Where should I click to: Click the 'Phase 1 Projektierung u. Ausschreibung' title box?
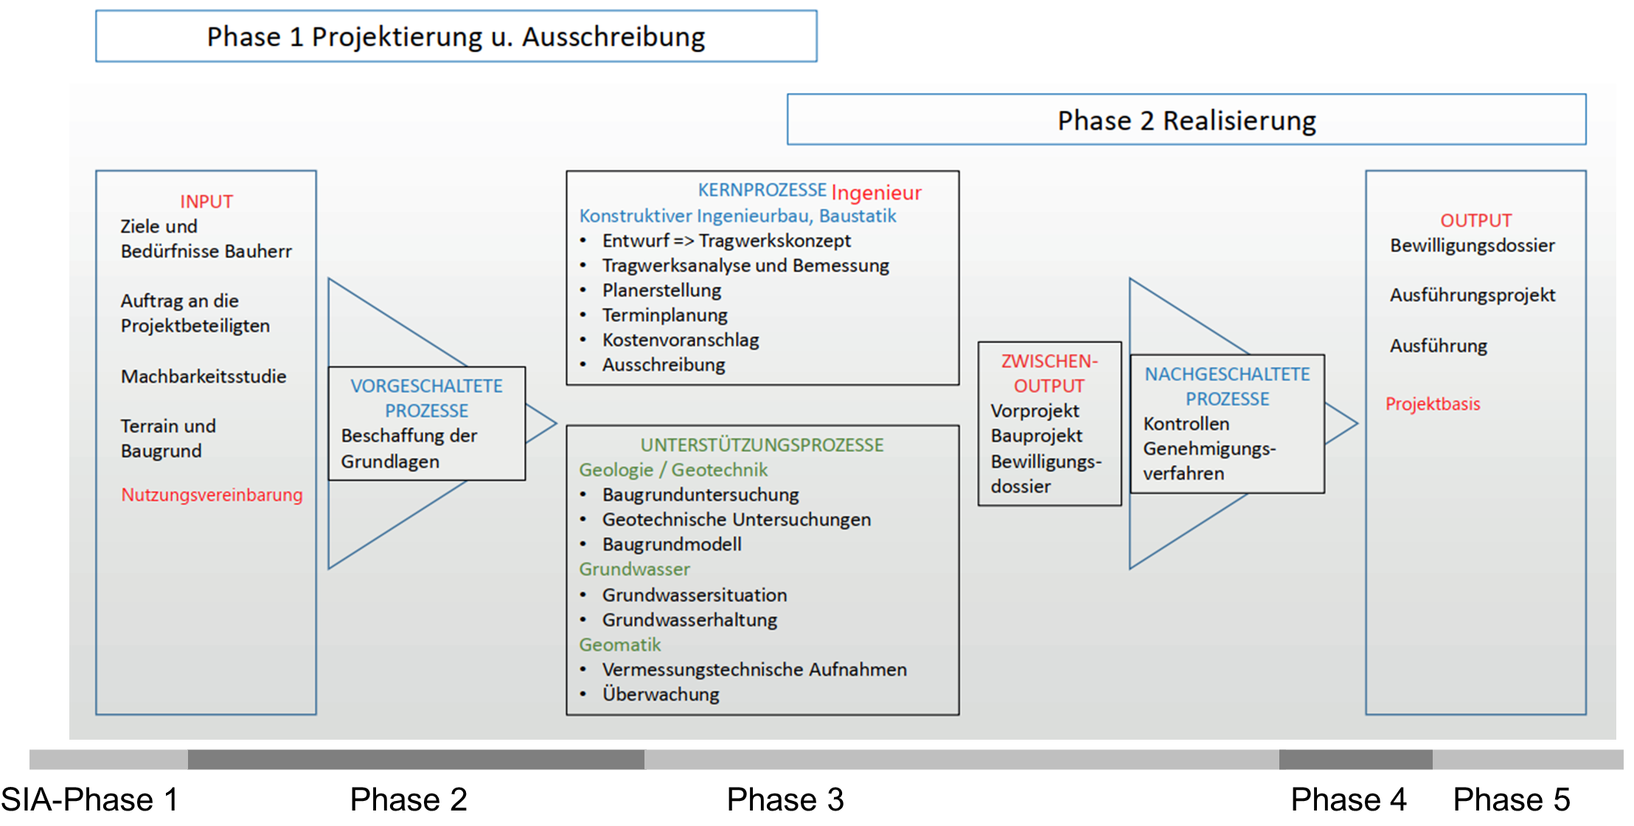coord(456,36)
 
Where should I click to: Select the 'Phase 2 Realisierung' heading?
coord(1186,120)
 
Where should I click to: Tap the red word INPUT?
coord(206,201)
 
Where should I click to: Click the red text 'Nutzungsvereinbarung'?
coord(212,494)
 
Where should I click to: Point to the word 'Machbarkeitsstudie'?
coord(204,376)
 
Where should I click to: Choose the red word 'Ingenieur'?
coord(876,192)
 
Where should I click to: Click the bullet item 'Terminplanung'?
coord(664,315)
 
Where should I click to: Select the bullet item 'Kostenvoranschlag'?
coord(681,340)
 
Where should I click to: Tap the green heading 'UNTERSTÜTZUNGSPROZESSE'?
coord(762,445)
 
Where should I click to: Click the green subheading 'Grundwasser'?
coord(634,569)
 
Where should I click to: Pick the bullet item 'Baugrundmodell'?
coord(672,544)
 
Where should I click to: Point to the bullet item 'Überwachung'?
coord(661,694)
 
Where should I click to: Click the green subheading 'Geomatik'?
coord(619,645)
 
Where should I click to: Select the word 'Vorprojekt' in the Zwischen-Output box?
coord(1035,411)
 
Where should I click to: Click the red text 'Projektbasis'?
coord(1433,403)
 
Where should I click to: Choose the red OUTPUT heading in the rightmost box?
coord(1476,221)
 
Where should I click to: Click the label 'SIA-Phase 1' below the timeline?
coord(89,799)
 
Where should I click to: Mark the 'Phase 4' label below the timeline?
coord(1349,799)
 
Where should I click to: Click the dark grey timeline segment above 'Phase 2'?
coord(416,760)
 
